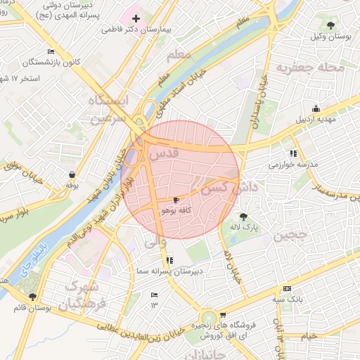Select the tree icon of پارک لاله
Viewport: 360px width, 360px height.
[x=243, y=217]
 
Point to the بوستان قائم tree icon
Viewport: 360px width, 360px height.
[x=32, y=297]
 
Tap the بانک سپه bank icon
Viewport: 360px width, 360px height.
[x=286, y=288]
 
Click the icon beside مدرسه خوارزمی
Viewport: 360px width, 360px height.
[x=292, y=153]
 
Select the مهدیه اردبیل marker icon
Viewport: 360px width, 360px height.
[x=316, y=108]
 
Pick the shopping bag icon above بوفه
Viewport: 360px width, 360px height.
[x=72, y=174]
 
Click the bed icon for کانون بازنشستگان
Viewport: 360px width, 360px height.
[x=50, y=52]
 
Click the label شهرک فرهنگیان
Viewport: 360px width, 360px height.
[x=84, y=296]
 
